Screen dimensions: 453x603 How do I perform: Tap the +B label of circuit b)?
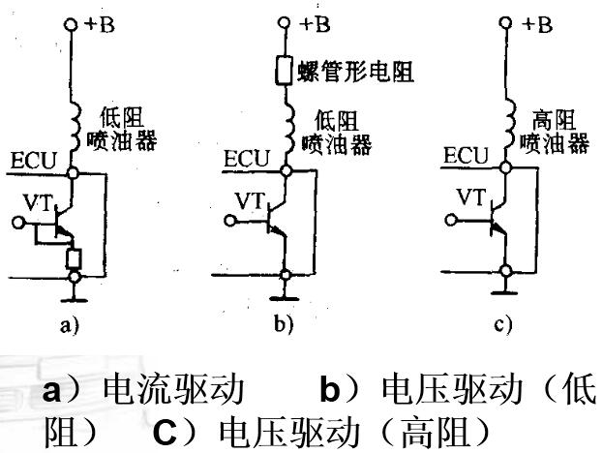[x=313, y=23]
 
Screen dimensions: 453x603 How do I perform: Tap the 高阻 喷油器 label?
[x=556, y=132]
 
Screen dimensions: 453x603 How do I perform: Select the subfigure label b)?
[x=283, y=326]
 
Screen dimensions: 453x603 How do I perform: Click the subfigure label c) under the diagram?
[x=502, y=326]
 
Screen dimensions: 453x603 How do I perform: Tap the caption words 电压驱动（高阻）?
[x=338, y=429]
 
